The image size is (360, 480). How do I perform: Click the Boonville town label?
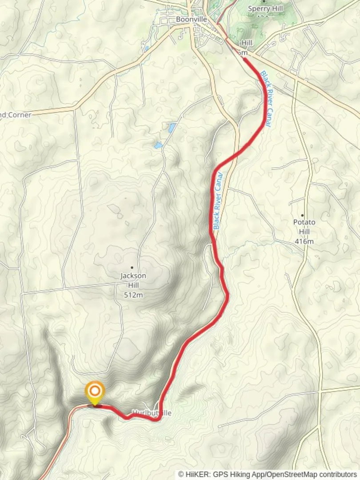(x=191, y=20)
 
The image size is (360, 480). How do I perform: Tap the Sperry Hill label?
(x=265, y=8)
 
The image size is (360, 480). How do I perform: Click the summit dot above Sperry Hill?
(x=265, y=1)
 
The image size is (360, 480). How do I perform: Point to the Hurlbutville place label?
(x=152, y=413)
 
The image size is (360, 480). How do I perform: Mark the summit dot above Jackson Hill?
(x=132, y=268)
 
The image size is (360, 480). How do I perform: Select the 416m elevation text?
(x=304, y=241)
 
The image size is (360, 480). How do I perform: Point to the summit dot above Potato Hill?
(x=303, y=216)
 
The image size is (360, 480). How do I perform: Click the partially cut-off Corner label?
(x=16, y=115)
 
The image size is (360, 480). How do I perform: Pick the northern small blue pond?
(x=172, y=128)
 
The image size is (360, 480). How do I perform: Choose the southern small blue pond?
(x=158, y=145)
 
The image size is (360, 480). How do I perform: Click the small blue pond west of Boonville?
(x=146, y=48)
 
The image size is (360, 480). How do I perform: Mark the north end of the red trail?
(x=245, y=59)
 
